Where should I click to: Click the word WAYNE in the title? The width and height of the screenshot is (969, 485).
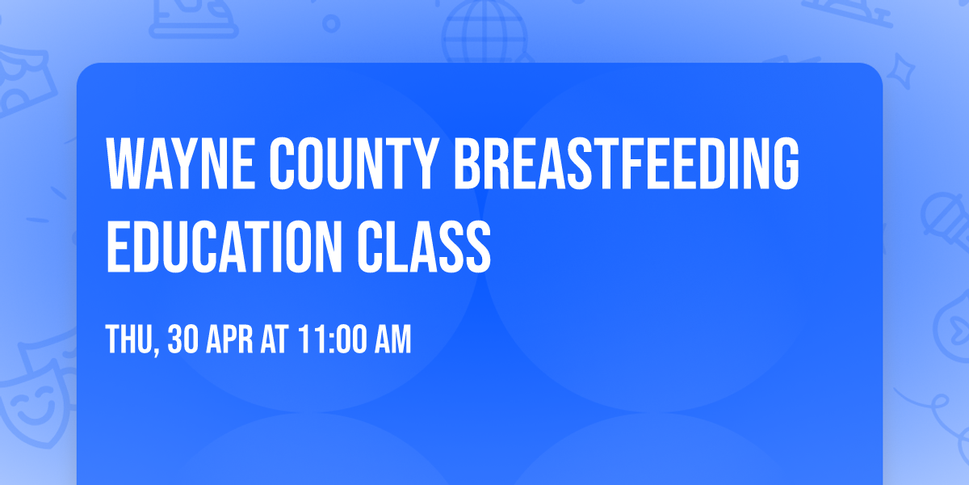click(180, 163)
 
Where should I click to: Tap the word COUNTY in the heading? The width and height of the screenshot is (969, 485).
click(352, 163)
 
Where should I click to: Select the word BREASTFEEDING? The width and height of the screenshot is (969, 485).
click(626, 163)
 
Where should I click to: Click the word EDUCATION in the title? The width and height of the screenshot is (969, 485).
click(224, 247)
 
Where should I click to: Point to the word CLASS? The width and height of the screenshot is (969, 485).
click(424, 247)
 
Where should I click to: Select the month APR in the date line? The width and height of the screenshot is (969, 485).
click(229, 339)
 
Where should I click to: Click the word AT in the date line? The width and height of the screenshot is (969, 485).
click(275, 339)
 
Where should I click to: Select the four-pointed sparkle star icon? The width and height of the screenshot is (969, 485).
click(900, 71)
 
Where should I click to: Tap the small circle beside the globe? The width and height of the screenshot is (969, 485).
click(331, 23)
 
